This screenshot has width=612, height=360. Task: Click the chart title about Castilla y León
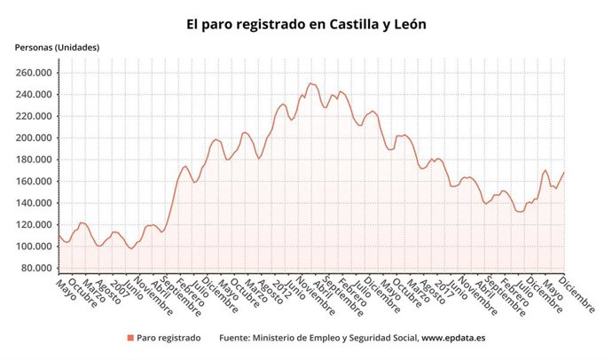pos(306,25)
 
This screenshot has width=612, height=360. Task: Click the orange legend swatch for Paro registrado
pos(130,338)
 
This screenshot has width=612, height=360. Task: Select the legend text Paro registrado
pos(169,338)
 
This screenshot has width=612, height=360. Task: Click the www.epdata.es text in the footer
pos(453,338)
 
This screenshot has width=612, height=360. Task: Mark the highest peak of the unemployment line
pos(310,83)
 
